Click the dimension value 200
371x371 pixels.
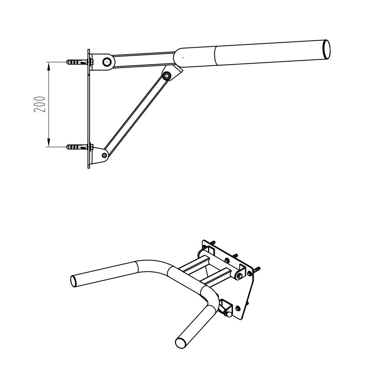pyautogui.click(x=39, y=104)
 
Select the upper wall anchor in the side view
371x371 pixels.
pyautogui.click(x=77, y=62)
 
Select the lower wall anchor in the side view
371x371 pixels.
pyautogui.click(x=77, y=147)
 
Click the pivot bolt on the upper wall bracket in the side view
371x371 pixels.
pyautogui.click(x=107, y=62)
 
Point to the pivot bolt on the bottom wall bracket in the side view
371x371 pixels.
pyautogui.click(x=104, y=155)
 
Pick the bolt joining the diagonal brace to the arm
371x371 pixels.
pyautogui.click(x=167, y=76)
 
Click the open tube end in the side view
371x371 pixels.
pyautogui.click(x=326, y=49)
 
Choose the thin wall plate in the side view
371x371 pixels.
pyautogui.click(x=89, y=109)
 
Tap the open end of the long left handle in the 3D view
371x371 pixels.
pyautogui.click(x=73, y=281)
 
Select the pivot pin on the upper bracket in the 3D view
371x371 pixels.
pyautogui.click(x=240, y=275)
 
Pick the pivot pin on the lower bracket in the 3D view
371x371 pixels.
pyautogui.click(x=229, y=315)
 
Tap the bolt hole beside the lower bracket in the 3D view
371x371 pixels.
pyautogui.click(x=238, y=308)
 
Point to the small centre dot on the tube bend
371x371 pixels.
pyautogui.click(x=183, y=57)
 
